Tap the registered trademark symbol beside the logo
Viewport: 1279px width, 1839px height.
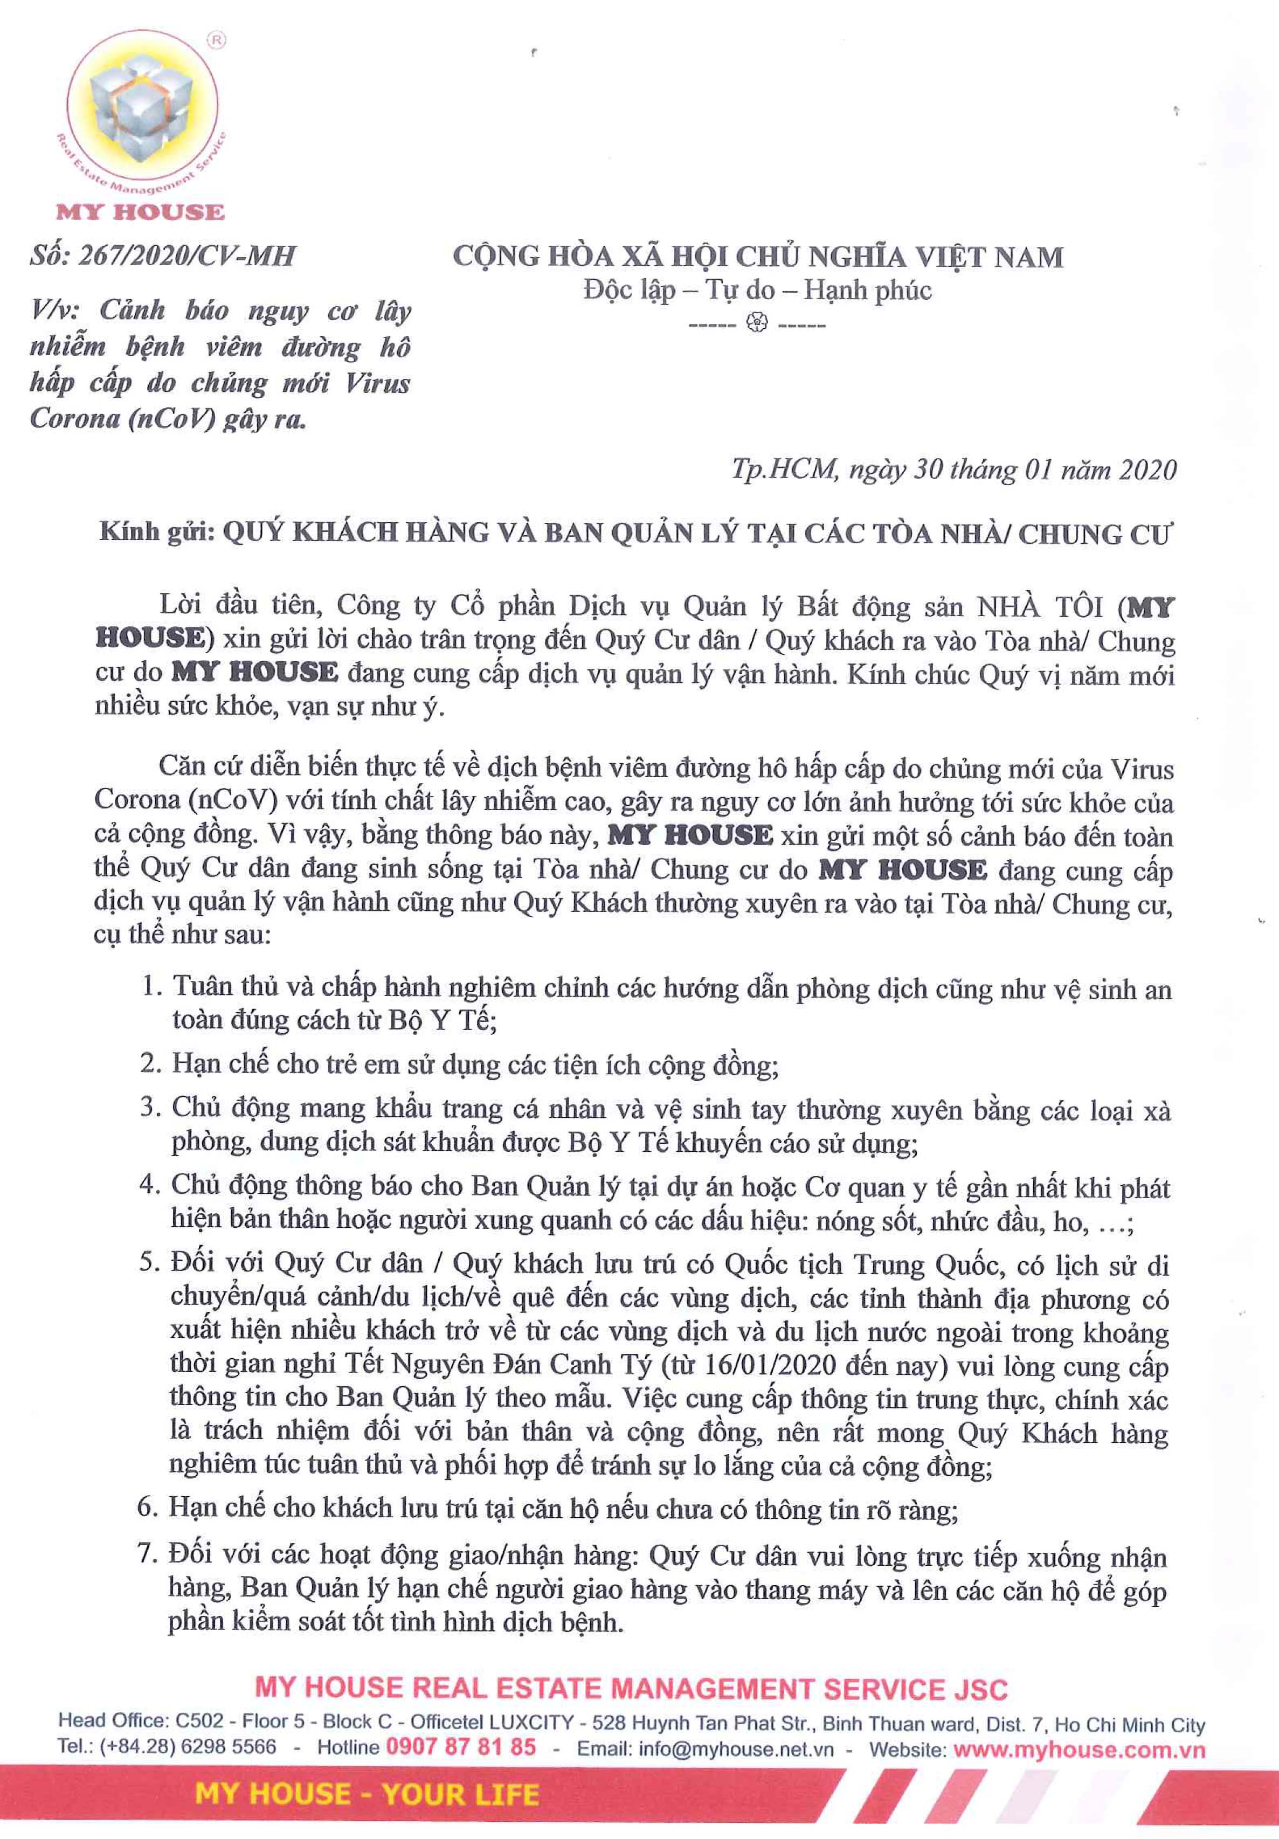click(216, 39)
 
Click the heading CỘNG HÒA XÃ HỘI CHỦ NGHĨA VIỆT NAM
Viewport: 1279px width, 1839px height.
click(758, 257)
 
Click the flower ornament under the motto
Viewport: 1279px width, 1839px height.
click(757, 323)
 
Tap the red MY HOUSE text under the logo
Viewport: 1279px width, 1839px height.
click(140, 212)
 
